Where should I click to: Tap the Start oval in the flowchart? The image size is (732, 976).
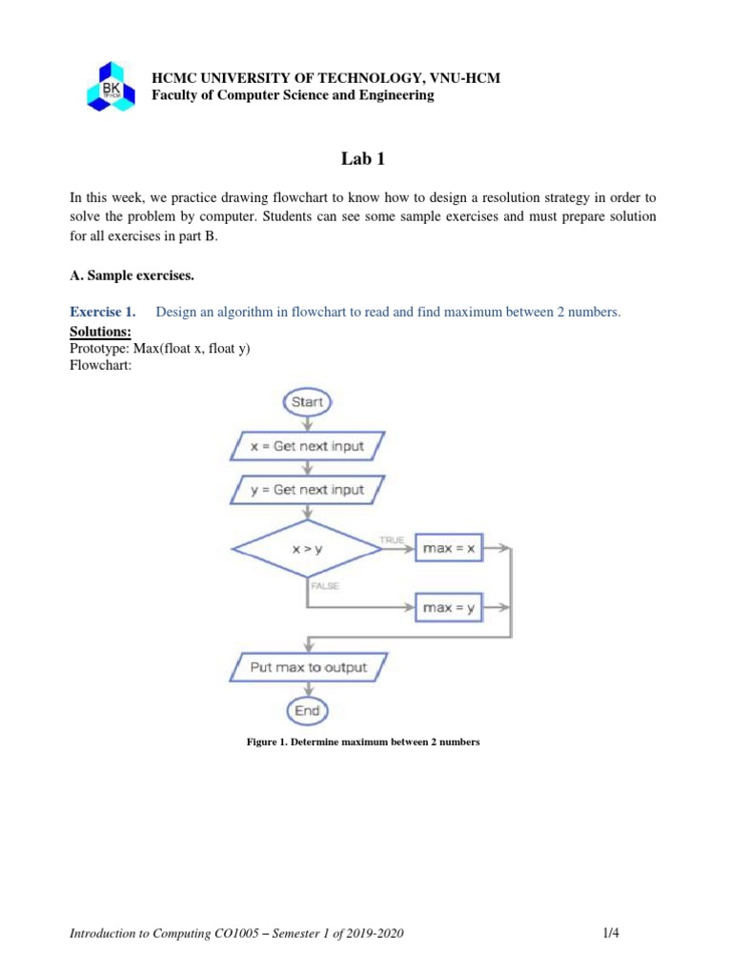pyautogui.click(x=307, y=402)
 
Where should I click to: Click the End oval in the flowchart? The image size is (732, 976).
pyautogui.click(x=307, y=710)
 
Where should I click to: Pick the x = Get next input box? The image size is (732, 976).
pyautogui.click(x=307, y=445)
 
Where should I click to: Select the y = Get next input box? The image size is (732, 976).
pyautogui.click(x=307, y=489)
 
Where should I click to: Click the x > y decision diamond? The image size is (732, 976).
pyautogui.click(x=307, y=549)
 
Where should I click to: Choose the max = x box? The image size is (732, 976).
pyautogui.click(x=449, y=549)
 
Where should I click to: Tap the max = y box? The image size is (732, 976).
pyautogui.click(x=449, y=607)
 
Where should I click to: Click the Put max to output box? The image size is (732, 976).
pyautogui.click(x=307, y=667)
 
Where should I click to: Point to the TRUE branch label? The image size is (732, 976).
pyautogui.click(x=392, y=539)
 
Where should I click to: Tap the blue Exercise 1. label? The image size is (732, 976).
pyautogui.click(x=103, y=312)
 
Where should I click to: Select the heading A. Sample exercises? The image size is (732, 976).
pyautogui.click(x=132, y=276)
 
